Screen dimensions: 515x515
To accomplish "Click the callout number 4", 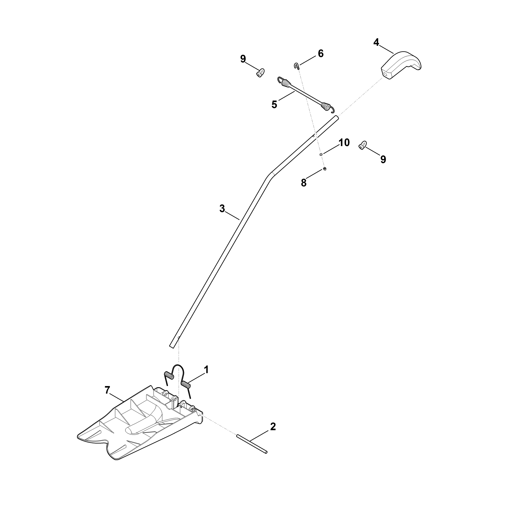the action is point(376,42).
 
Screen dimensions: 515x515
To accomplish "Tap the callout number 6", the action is point(321,54).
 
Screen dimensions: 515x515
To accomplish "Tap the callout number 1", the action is point(206,370).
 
